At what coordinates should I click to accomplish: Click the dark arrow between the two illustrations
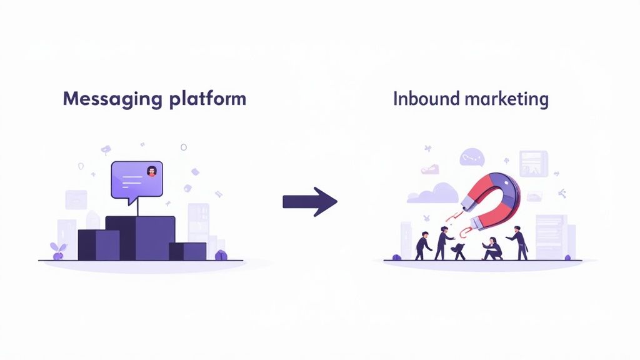pos(310,201)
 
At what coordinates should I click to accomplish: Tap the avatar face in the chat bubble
pos(151,171)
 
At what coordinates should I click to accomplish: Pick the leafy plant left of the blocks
pos(58,250)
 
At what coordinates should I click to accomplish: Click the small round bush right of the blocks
pos(219,255)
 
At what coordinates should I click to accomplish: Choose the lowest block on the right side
pos(188,251)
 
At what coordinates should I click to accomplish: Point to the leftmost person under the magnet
pos(423,244)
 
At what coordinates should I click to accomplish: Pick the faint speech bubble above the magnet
pos(471,157)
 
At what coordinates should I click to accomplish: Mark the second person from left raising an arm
pos(443,242)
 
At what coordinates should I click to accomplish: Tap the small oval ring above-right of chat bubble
pos(184,147)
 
